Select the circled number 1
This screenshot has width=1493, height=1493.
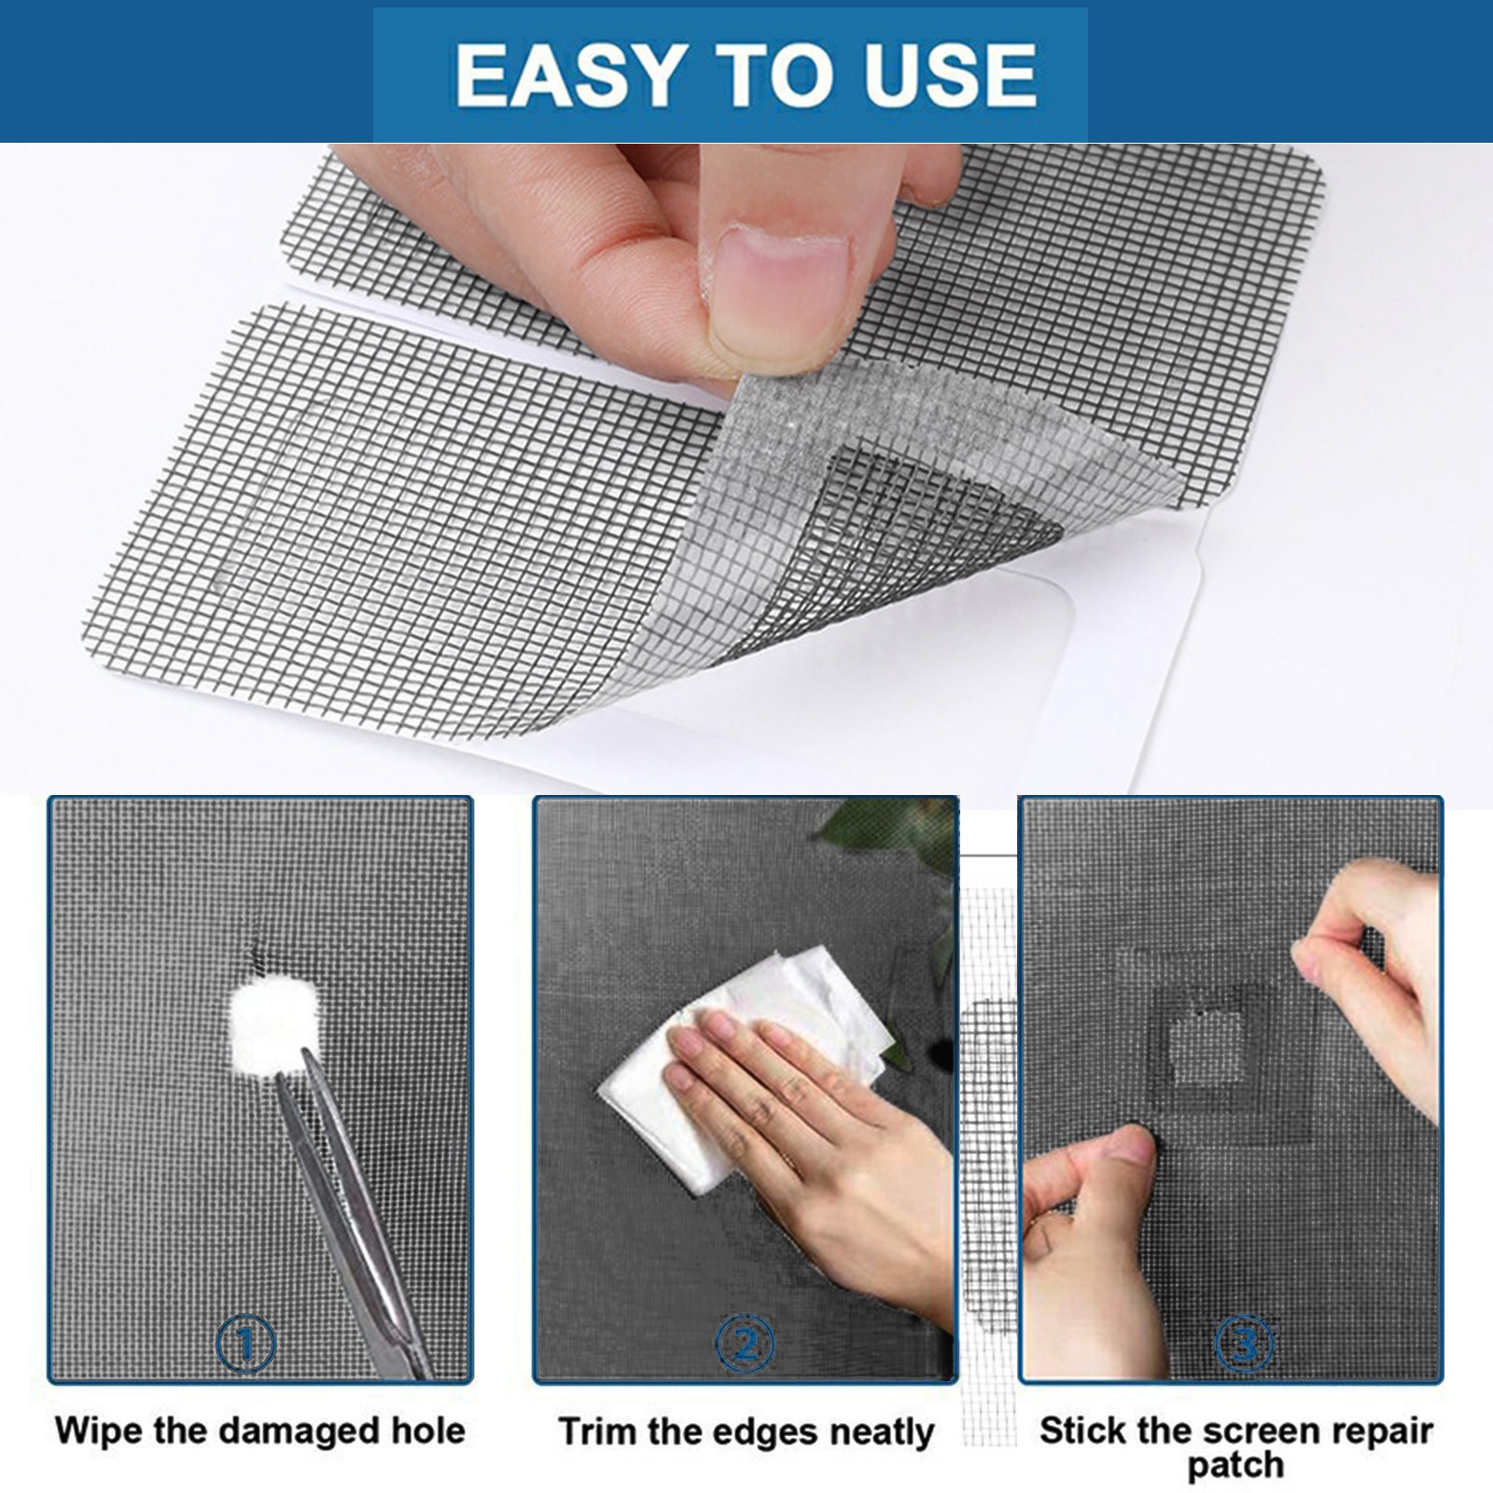[x=245, y=1345]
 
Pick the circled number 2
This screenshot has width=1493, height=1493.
[x=745, y=1345]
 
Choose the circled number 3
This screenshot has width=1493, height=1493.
[x=1246, y=1345]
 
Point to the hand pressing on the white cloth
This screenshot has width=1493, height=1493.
[x=821, y=1148]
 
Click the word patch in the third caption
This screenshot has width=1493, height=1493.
[x=1235, y=1465]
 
